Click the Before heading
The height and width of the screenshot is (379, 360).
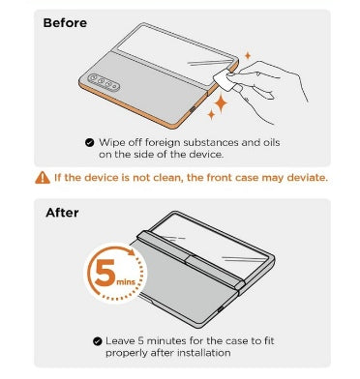pyautogui.click(x=65, y=23)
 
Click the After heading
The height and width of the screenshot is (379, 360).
pyautogui.click(x=62, y=213)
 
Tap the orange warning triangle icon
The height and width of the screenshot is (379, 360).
pyautogui.click(x=43, y=178)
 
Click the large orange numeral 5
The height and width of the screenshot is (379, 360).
pyautogui.click(x=105, y=273)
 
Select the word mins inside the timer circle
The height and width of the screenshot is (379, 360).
pyautogui.click(x=126, y=282)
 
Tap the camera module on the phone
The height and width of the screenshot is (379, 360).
pyautogui.click(x=104, y=81)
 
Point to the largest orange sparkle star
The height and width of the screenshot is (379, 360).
pyautogui.click(x=221, y=103)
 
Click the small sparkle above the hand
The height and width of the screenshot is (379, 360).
pyautogui.click(x=248, y=56)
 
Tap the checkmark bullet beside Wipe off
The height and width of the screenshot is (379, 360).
pyautogui.click(x=90, y=142)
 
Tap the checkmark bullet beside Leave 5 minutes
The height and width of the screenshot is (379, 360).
pyautogui.click(x=97, y=341)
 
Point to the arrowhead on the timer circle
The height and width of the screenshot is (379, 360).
pyautogui.click(x=131, y=251)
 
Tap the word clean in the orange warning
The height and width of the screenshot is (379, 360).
pyautogui.click(x=163, y=178)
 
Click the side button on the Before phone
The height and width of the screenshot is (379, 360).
pyautogui.click(x=193, y=110)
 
